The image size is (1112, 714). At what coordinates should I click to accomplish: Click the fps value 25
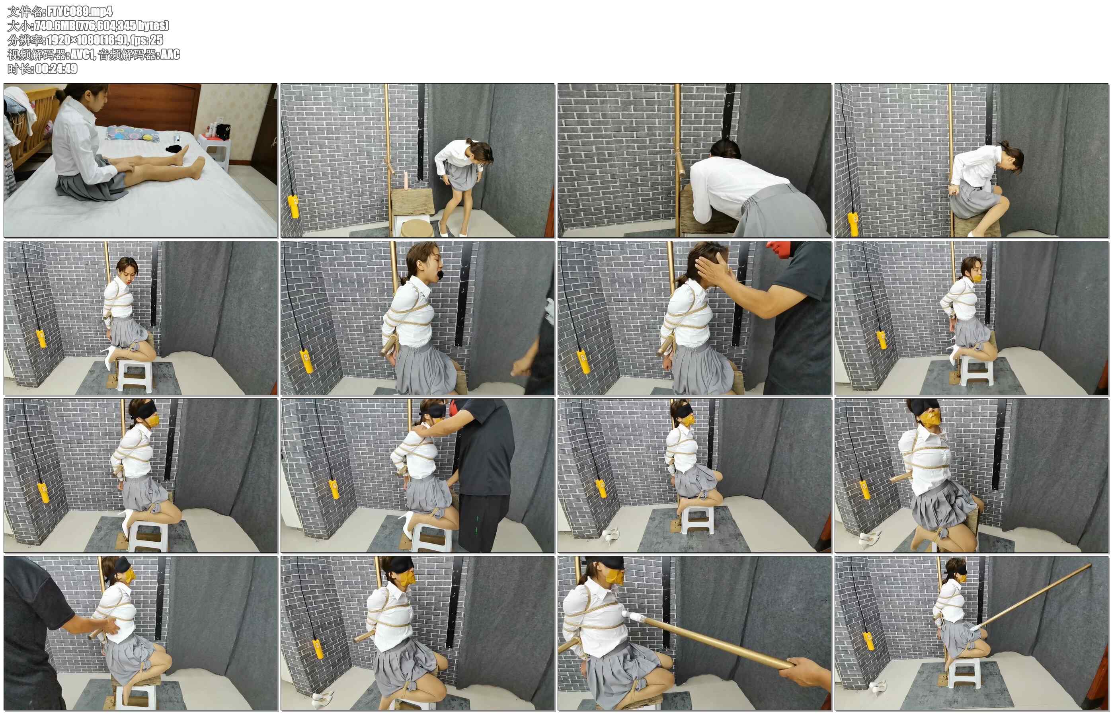tap(156, 40)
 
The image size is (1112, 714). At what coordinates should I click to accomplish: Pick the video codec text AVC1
tap(82, 54)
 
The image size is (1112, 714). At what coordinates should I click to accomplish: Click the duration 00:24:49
tap(56, 68)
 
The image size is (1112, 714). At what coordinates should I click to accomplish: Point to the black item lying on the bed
tap(174, 149)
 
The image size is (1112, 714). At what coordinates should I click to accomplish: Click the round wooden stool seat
tap(416, 228)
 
